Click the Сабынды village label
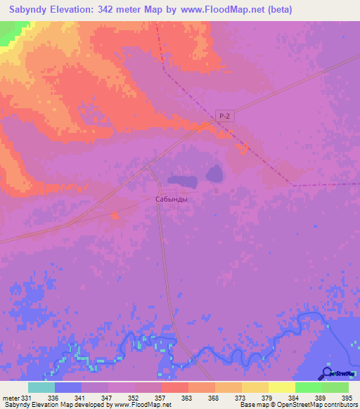[x=172, y=199]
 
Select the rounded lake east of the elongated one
[x=214, y=172]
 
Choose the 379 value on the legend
[x=266, y=397]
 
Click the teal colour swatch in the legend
[x=41, y=387]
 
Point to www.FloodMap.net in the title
[x=214, y=9]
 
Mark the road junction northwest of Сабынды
[x=148, y=167]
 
